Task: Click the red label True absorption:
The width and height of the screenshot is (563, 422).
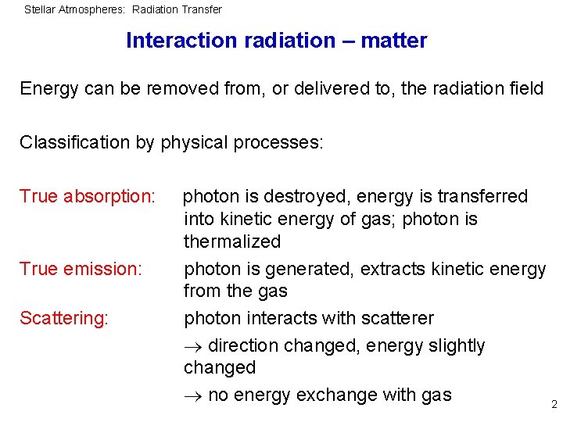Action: (87, 196)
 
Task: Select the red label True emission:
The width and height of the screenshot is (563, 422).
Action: (81, 269)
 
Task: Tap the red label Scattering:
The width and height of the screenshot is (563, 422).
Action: (63, 318)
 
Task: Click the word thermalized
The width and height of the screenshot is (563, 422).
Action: (231, 241)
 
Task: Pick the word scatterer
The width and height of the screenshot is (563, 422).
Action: (396, 318)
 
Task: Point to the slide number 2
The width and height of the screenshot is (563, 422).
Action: (554, 404)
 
